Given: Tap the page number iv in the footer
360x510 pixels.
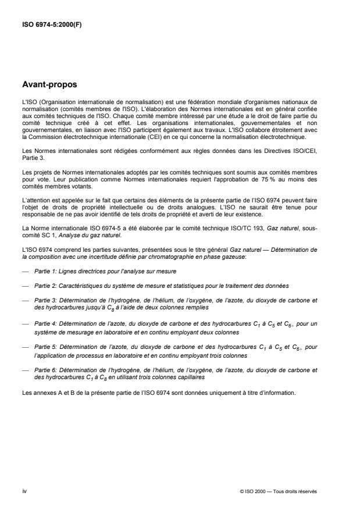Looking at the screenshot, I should (24, 491).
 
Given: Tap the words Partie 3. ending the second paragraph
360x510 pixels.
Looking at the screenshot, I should (30, 156).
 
